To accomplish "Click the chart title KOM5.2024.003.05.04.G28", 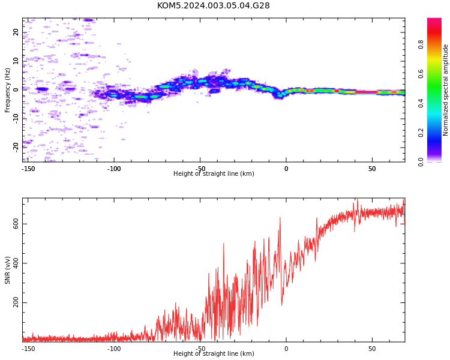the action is [213, 5].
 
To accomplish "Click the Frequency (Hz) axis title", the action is [7, 90].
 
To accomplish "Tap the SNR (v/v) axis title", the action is [7, 270].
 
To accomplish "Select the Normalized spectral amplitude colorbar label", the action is [445, 90].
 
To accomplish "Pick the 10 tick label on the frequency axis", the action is [16, 61].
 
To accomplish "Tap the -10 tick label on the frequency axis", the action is [16, 119].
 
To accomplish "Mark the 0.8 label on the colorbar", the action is [421, 44].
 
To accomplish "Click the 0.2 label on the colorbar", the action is [421, 133].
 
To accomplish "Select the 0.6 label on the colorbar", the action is [421, 74].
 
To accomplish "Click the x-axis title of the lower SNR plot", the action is [214, 353].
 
